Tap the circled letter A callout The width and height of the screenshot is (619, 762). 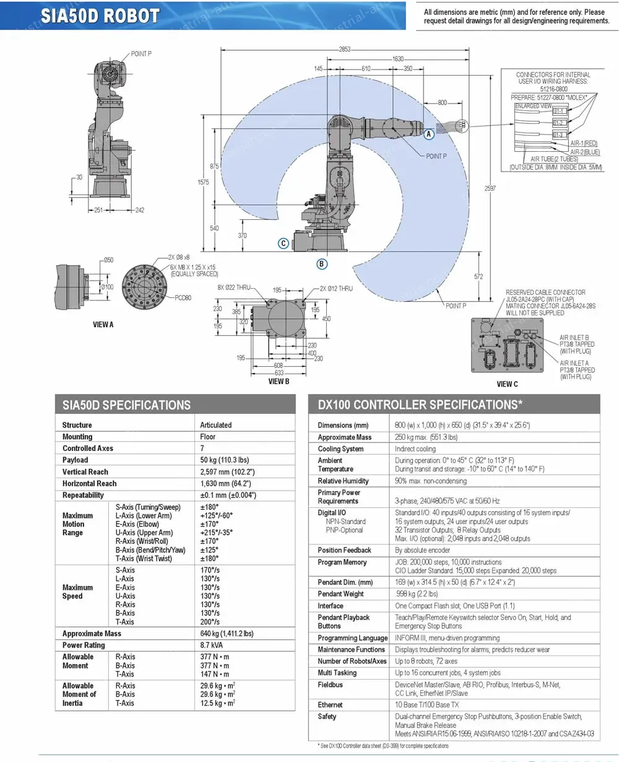click(428, 133)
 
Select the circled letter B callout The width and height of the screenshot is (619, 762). click(322, 264)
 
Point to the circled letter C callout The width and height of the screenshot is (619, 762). click(283, 243)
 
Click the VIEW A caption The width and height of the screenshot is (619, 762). click(103, 324)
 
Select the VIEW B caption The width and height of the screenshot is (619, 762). click(279, 382)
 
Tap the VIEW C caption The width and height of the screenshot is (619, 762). click(508, 384)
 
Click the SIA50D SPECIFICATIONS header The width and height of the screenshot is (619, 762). click(126, 405)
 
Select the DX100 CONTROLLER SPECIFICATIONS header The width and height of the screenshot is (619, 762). click(420, 405)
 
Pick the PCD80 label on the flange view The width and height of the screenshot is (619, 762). click(183, 298)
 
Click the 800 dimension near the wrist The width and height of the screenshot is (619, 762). click(442, 102)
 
